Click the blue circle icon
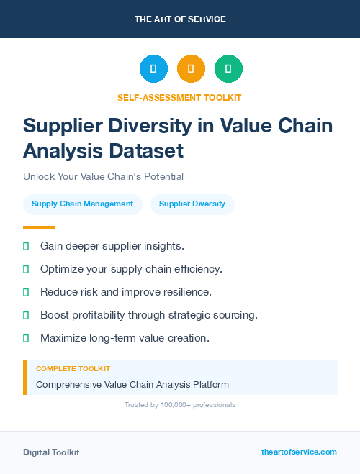coord(153,69)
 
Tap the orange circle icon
coord(191,69)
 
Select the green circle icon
coord(228,69)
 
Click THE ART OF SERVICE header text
coord(180,19)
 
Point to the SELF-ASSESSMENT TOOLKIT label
coord(179,97)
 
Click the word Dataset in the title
coord(148,151)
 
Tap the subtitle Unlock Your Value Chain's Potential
coord(103,176)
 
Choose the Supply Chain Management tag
coord(82,204)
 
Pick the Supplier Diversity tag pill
coord(192,204)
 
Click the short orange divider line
coord(39,227)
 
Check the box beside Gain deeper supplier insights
coord(26,246)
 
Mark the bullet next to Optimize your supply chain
coord(26,269)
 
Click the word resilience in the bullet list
coord(187,292)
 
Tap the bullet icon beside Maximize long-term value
coord(26,338)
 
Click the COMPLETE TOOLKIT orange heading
coord(73,368)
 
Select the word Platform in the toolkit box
coord(208,384)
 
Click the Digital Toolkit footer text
coord(51,452)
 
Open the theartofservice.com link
coord(299,452)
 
